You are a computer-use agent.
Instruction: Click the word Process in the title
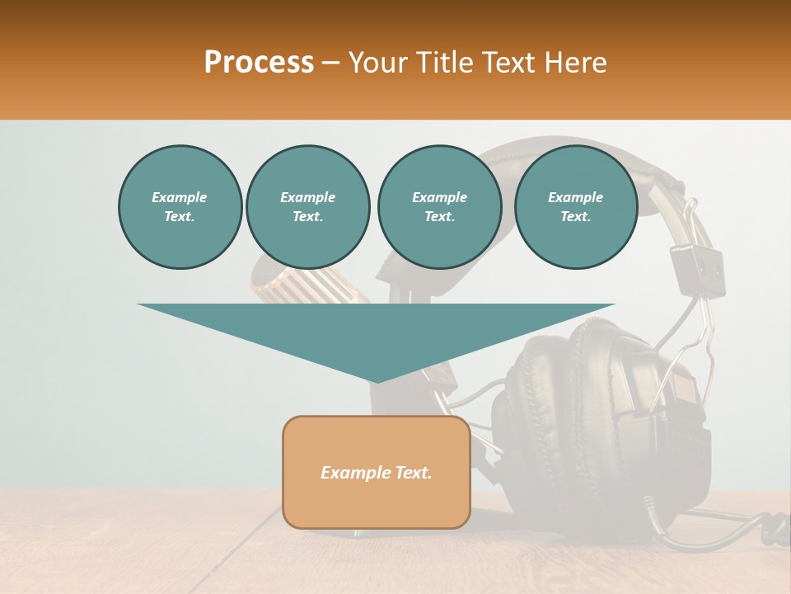(x=259, y=63)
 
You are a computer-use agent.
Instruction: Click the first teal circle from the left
(x=180, y=207)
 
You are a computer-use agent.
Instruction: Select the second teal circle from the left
(x=307, y=207)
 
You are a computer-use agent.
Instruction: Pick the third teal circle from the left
(x=439, y=207)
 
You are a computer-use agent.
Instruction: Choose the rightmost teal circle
(x=575, y=207)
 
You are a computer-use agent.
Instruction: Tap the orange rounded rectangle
(x=376, y=495)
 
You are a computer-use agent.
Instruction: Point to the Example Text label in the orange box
(x=376, y=473)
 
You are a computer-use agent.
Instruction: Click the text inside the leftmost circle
(x=180, y=207)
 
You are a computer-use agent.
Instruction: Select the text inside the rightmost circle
(x=575, y=207)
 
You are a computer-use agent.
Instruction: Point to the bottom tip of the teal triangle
(x=376, y=380)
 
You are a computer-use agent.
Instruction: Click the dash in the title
(x=331, y=63)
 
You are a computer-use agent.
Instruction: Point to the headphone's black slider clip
(x=696, y=268)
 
